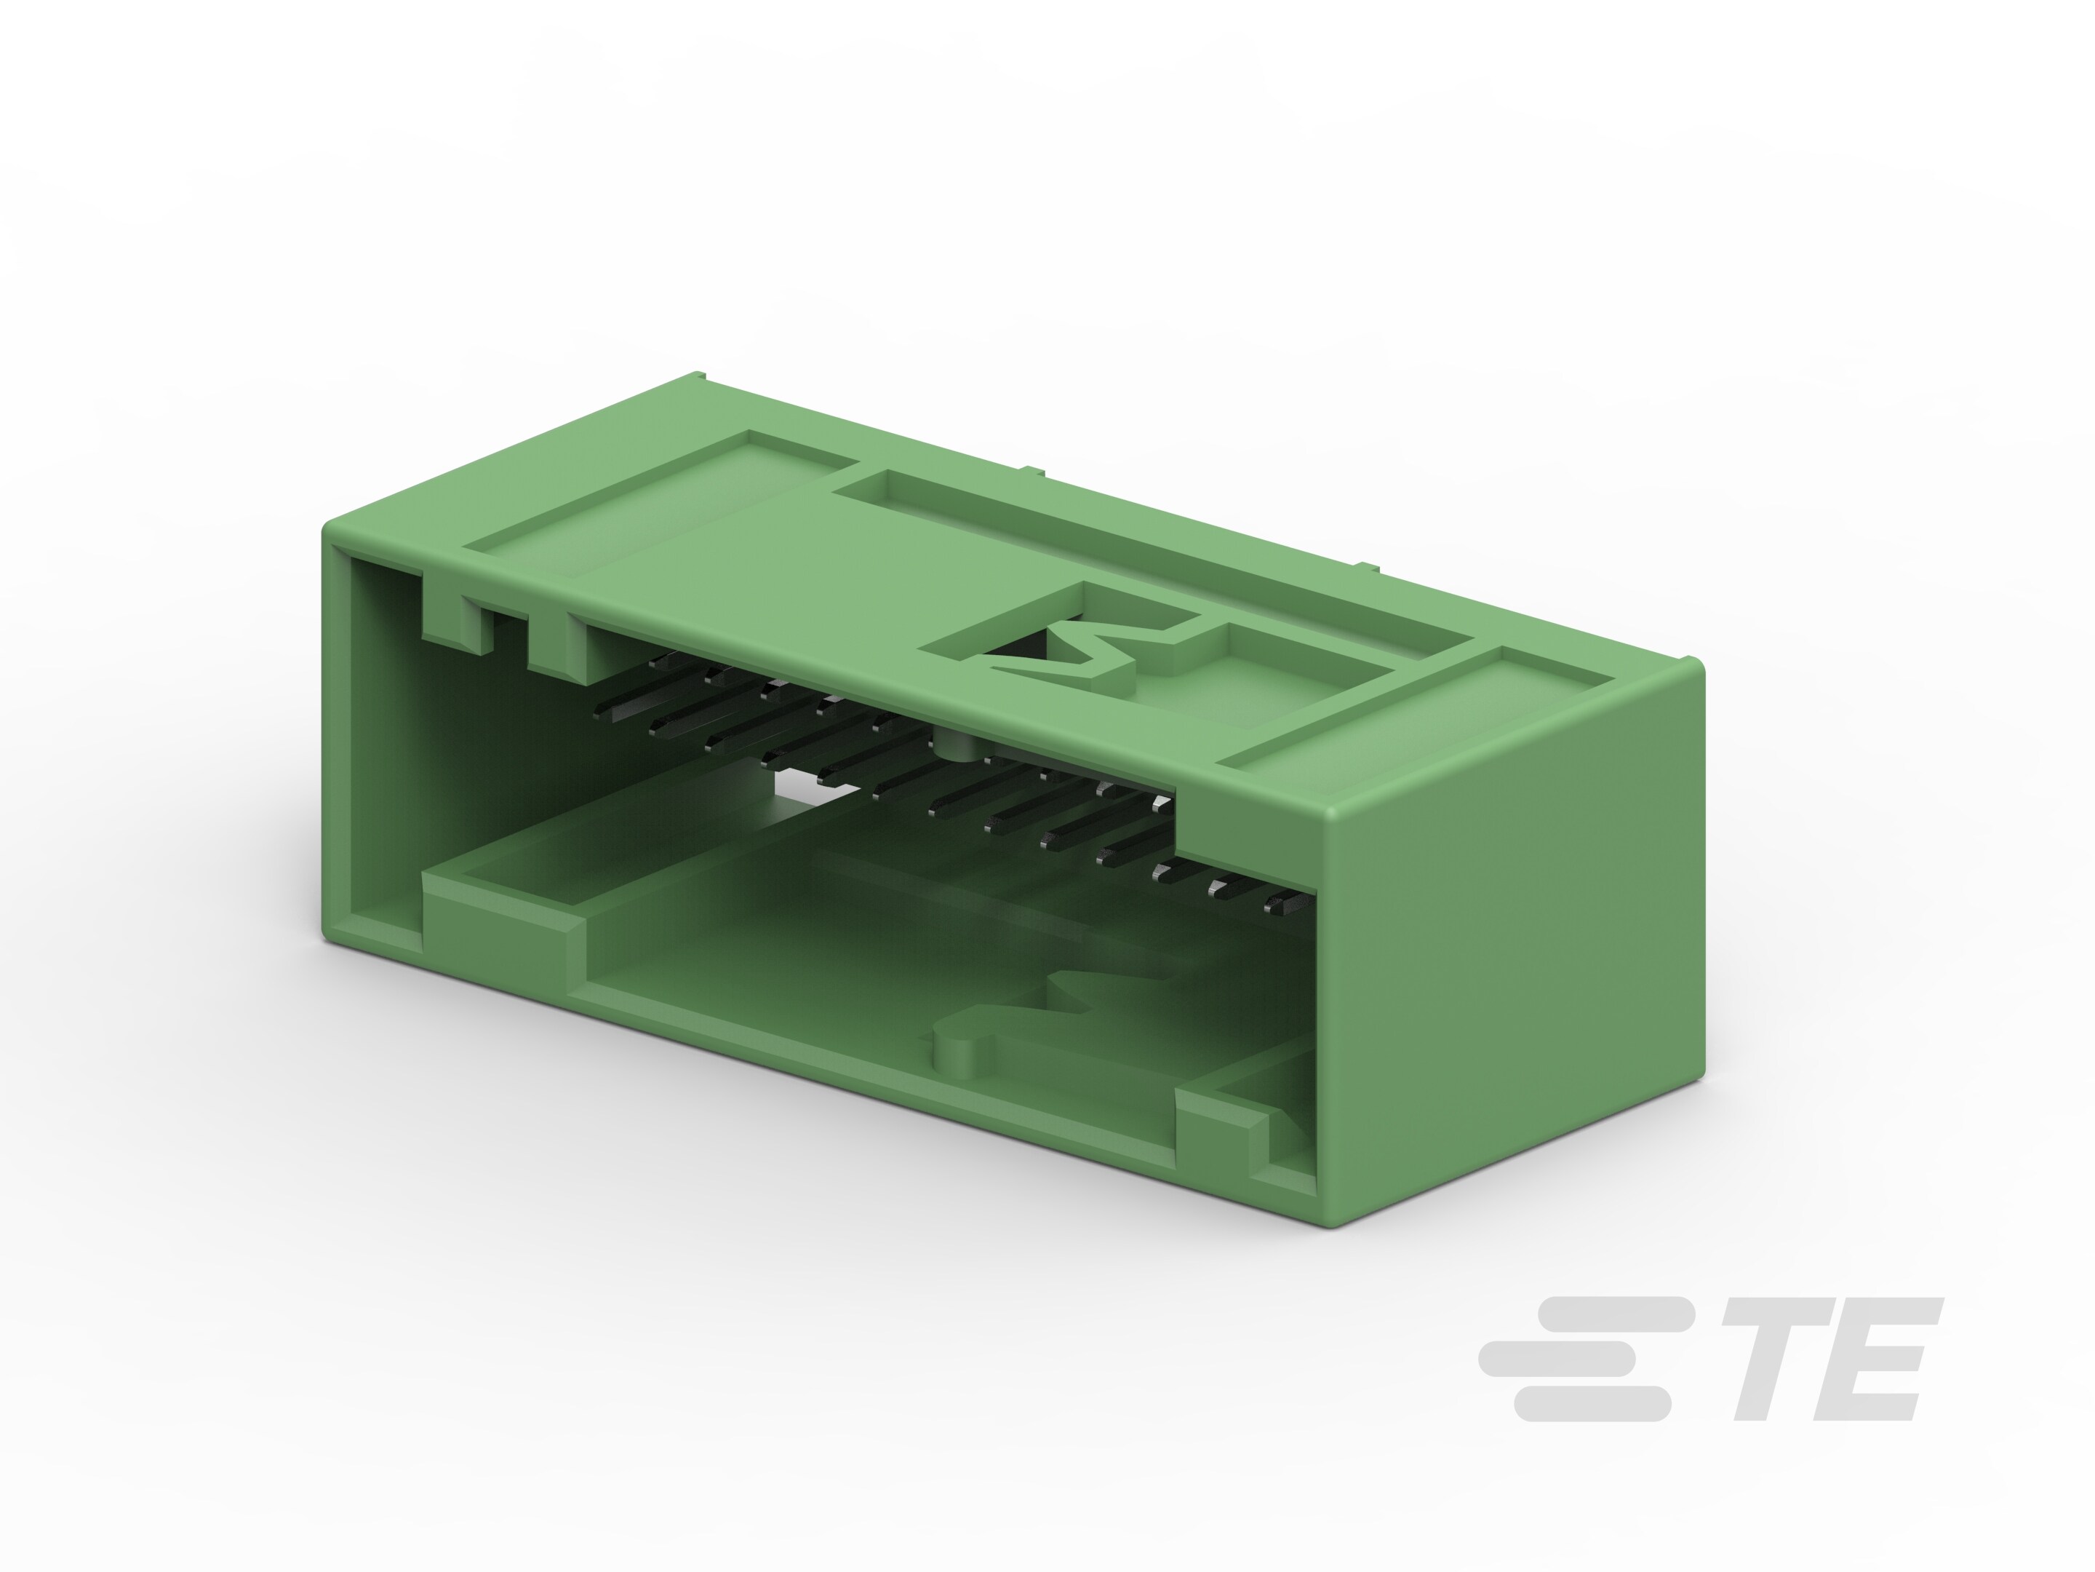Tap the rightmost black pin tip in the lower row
[1279, 907]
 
